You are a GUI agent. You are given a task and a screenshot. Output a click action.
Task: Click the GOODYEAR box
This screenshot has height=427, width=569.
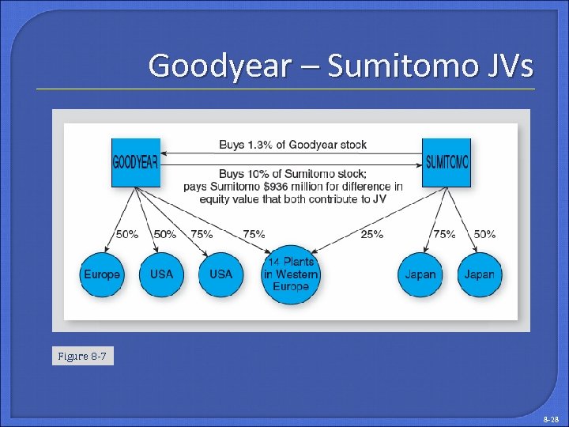(x=135, y=162)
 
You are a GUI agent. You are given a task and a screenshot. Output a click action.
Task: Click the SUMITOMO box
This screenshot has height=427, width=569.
(x=446, y=162)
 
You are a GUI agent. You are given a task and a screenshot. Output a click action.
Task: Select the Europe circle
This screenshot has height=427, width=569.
(x=102, y=274)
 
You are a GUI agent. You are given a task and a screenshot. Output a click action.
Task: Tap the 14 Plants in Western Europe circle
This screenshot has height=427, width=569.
(x=291, y=274)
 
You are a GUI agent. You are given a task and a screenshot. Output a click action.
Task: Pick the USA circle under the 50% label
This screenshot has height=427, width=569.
(x=161, y=274)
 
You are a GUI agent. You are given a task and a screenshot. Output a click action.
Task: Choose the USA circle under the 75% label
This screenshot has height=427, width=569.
(x=220, y=274)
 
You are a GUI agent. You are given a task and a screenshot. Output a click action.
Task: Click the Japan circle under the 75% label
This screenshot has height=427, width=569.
(x=420, y=274)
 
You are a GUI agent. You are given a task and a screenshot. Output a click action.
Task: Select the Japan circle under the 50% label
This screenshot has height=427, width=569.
(x=479, y=274)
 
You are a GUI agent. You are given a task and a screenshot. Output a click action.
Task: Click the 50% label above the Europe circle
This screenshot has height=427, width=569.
(x=127, y=234)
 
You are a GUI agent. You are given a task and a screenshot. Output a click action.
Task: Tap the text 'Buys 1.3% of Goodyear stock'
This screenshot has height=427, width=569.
(x=292, y=145)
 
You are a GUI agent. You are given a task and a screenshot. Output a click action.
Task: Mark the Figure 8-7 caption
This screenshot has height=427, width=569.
(x=83, y=357)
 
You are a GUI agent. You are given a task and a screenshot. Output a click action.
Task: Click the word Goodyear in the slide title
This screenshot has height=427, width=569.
(x=219, y=66)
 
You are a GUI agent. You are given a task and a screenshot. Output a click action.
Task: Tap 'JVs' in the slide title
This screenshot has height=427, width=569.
(x=506, y=66)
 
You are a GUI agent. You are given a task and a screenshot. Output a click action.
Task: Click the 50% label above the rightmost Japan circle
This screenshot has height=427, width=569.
(x=484, y=234)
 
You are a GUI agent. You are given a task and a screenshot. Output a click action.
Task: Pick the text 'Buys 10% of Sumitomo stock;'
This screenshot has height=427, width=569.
(x=292, y=173)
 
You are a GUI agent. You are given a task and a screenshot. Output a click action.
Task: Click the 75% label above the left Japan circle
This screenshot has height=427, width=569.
(x=444, y=234)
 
